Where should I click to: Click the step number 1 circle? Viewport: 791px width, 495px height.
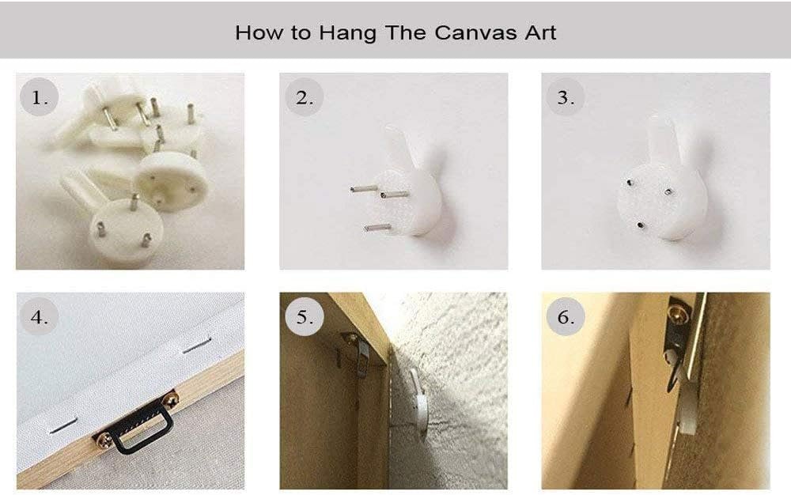coord(40,96)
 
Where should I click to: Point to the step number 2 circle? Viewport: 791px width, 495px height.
coord(304,96)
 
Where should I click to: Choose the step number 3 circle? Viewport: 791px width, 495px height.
coord(566,96)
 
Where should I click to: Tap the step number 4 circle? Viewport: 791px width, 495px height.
coord(40,316)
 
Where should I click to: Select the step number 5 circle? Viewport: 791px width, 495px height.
coord(304,316)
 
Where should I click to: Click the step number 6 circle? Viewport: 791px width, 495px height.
coord(566,316)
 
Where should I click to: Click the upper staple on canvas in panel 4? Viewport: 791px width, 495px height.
coord(197,346)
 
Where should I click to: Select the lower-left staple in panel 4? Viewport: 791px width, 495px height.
coord(62,426)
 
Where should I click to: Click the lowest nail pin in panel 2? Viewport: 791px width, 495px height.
coord(377,228)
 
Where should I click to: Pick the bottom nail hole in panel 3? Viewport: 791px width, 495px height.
coord(640,225)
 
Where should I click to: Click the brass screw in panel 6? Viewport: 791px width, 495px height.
coord(678,313)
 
